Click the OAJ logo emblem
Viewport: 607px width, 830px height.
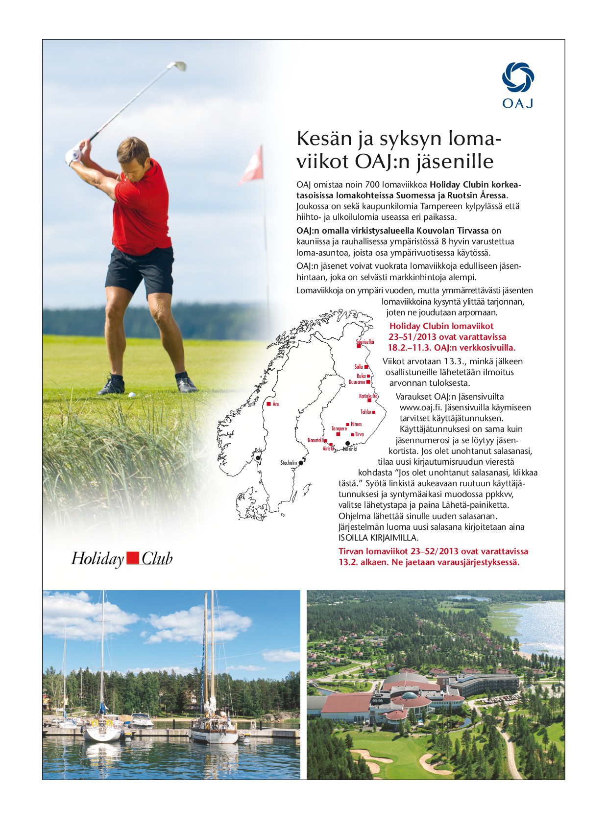click(x=517, y=77)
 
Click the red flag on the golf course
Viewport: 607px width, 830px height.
click(x=252, y=166)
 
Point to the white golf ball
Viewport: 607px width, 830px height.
click(x=131, y=394)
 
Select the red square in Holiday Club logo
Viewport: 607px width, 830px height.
click(x=132, y=558)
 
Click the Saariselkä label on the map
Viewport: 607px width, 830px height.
click(x=365, y=342)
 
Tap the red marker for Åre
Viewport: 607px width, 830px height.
click(x=269, y=404)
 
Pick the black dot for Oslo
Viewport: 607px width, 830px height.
click(x=258, y=458)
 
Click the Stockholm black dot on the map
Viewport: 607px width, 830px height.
click(x=301, y=463)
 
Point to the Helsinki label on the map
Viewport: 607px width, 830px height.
click(x=350, y=449)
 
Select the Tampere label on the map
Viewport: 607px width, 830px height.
click(x=339, y=428)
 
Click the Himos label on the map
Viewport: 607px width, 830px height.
click(x=356, y=424)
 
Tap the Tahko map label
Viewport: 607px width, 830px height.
click(x=365, y=412)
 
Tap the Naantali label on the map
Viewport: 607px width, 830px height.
click(x=315, y=440)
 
